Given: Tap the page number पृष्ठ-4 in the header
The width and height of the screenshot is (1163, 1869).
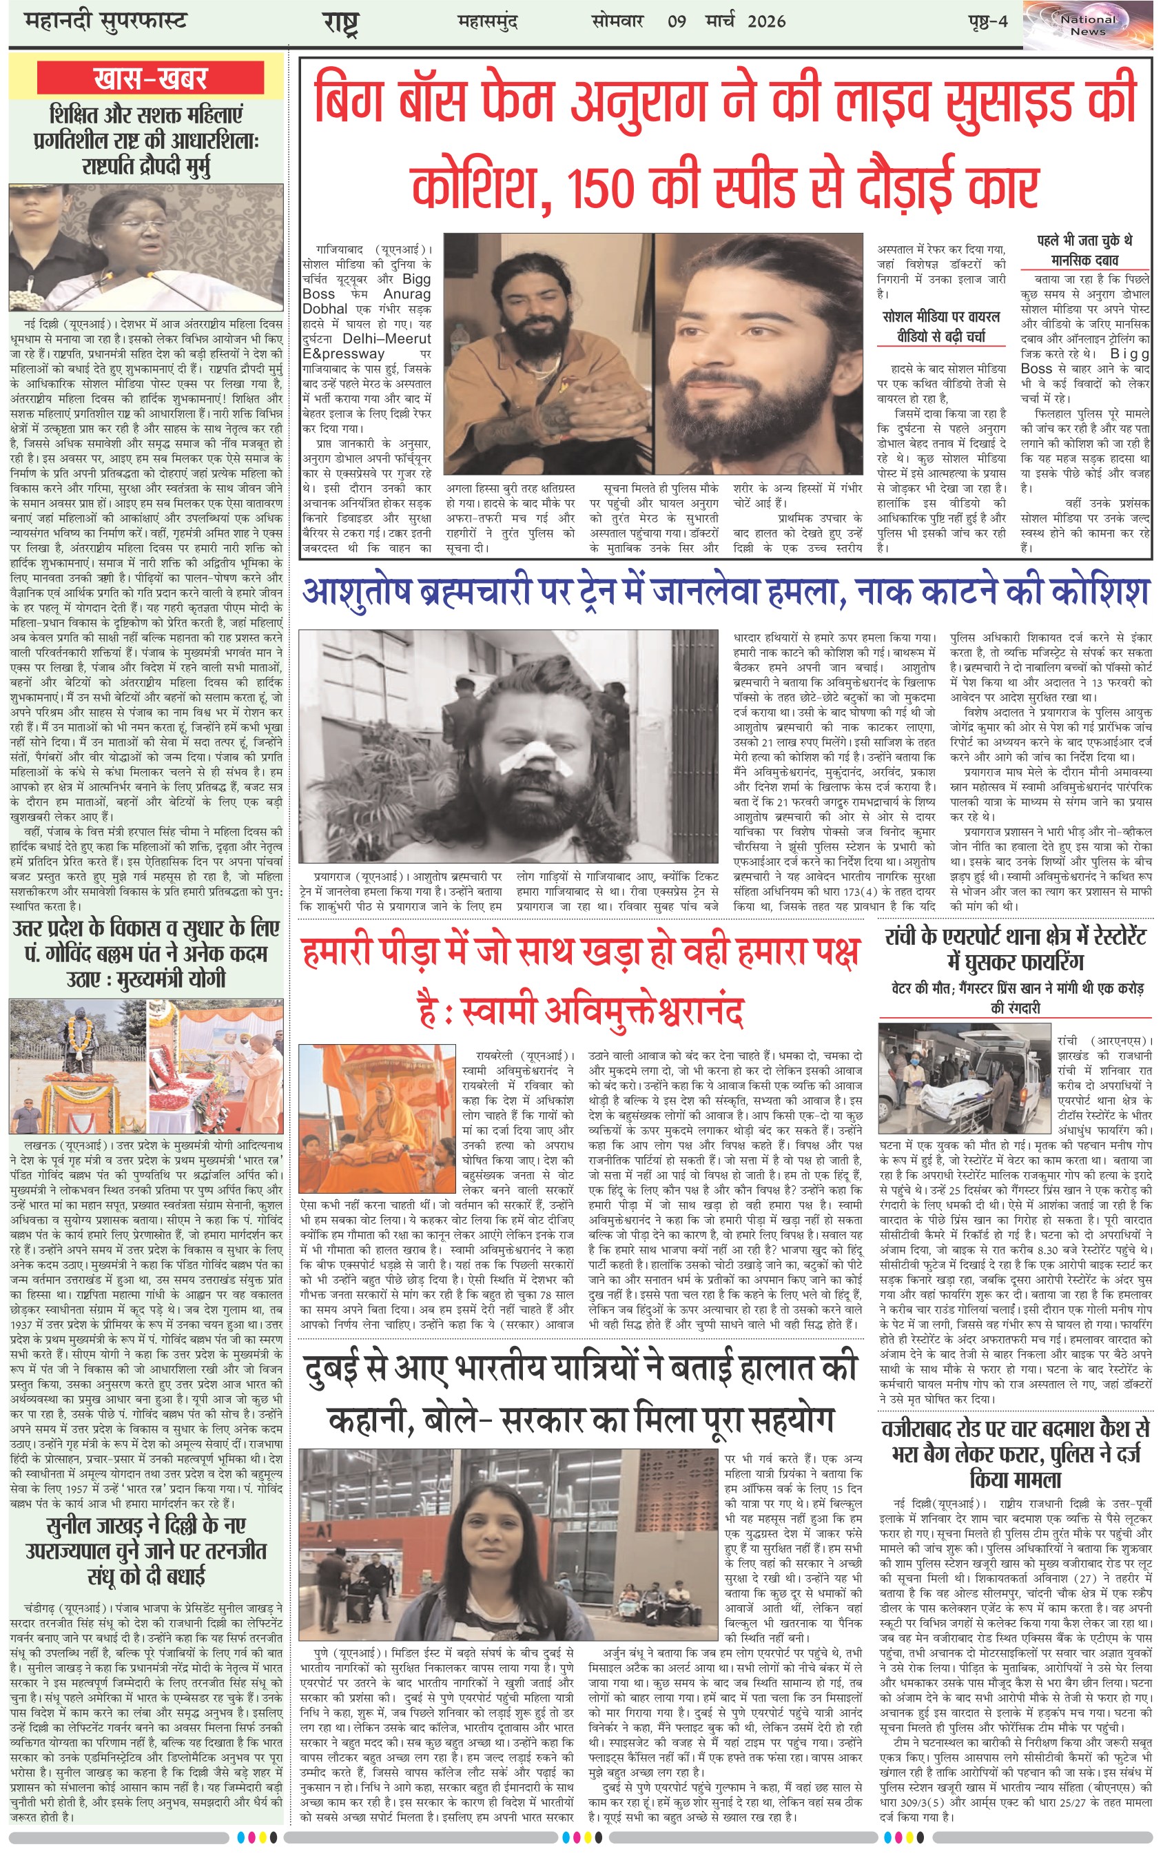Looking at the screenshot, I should point(987,21).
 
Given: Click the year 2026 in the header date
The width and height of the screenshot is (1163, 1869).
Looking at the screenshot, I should point(766,21).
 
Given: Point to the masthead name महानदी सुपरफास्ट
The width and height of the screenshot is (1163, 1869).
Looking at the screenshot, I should point(105,21).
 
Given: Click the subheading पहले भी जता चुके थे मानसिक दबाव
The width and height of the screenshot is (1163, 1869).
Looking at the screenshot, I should point(1084,251).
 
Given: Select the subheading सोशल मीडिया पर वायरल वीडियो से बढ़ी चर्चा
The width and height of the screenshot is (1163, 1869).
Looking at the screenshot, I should point(940,327).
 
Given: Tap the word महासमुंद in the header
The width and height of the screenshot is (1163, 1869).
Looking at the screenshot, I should point(488,21).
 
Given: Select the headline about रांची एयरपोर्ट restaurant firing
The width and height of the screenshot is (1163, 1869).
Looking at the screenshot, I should point(1016,949).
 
